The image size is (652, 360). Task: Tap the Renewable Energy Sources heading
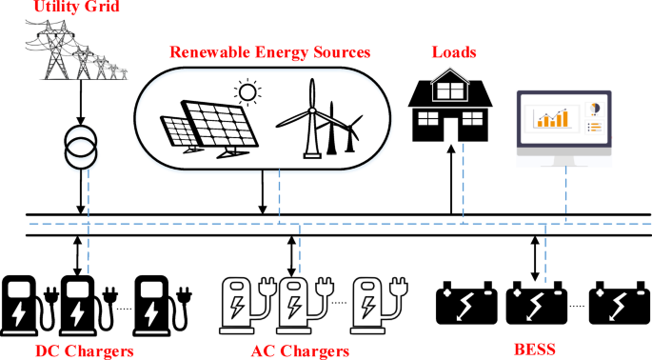pos(269,50)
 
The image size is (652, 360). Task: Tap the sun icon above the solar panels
pos(249,93)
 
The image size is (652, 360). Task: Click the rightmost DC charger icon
pos(155,304)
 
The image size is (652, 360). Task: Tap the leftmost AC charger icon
pos(240,304)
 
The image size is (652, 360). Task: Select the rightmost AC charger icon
pos(373,304)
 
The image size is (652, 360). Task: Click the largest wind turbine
pos(309,119)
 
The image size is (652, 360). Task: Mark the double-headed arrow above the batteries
pos(534,253)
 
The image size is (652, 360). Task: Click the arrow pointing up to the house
pos(450,176)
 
